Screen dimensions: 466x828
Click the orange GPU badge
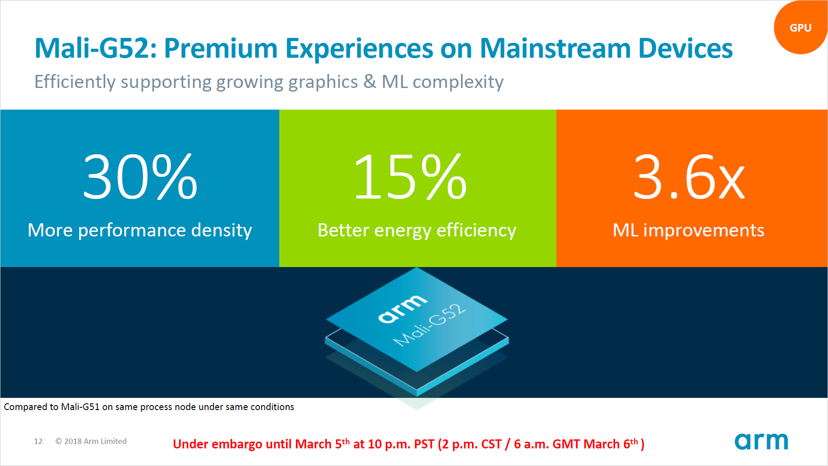pyautogui.click(x=800, y=28)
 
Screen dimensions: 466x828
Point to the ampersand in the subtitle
pyautogui.click(x=370, y=82)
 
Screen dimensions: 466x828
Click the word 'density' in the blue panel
pyautogui.click(x=221, y=231)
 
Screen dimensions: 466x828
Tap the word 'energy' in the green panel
pyautogui.click(x=402, y=231)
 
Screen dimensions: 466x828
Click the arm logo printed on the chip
pyautogui.click(x=402, y=309)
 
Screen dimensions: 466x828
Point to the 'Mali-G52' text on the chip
pyautogui.click(x=429, y=325)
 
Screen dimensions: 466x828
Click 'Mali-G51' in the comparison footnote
pyautogui.click(x=80, y=407)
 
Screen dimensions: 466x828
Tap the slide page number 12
pyautogui.click(x=38, y=441)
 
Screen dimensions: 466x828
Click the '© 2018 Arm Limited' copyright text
pyautogui.click(x=91, y=441)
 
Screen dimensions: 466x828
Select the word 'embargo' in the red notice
pyautogui.click(x=237, y=444)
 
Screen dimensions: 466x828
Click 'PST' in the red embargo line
pyautogui.click(x=424, y=444)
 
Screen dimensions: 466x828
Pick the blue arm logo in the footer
pyautogui.click(x=761, y=441)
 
